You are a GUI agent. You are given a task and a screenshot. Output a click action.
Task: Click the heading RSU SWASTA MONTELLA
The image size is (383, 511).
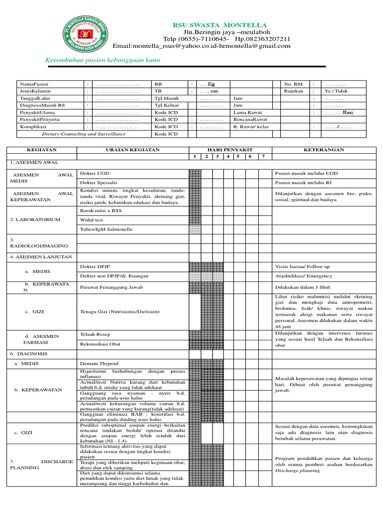click(219, 25)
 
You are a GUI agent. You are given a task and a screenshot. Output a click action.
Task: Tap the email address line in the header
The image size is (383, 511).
click(201, 46)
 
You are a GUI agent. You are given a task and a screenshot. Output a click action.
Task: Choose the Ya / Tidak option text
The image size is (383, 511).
click(336, 91)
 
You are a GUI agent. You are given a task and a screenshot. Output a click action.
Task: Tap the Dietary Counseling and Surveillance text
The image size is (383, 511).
click(84, 134)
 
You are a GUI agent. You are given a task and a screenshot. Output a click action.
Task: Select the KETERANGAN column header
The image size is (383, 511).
click(324, 150)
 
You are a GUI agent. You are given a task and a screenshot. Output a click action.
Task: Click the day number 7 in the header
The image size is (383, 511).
click(263, 157)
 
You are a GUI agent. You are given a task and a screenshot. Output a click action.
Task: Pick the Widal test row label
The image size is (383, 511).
click(92, 220)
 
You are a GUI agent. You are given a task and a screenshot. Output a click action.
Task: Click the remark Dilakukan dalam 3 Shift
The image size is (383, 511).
click(304, 287)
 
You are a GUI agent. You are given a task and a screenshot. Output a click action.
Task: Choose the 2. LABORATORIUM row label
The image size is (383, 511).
click(35, 220)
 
